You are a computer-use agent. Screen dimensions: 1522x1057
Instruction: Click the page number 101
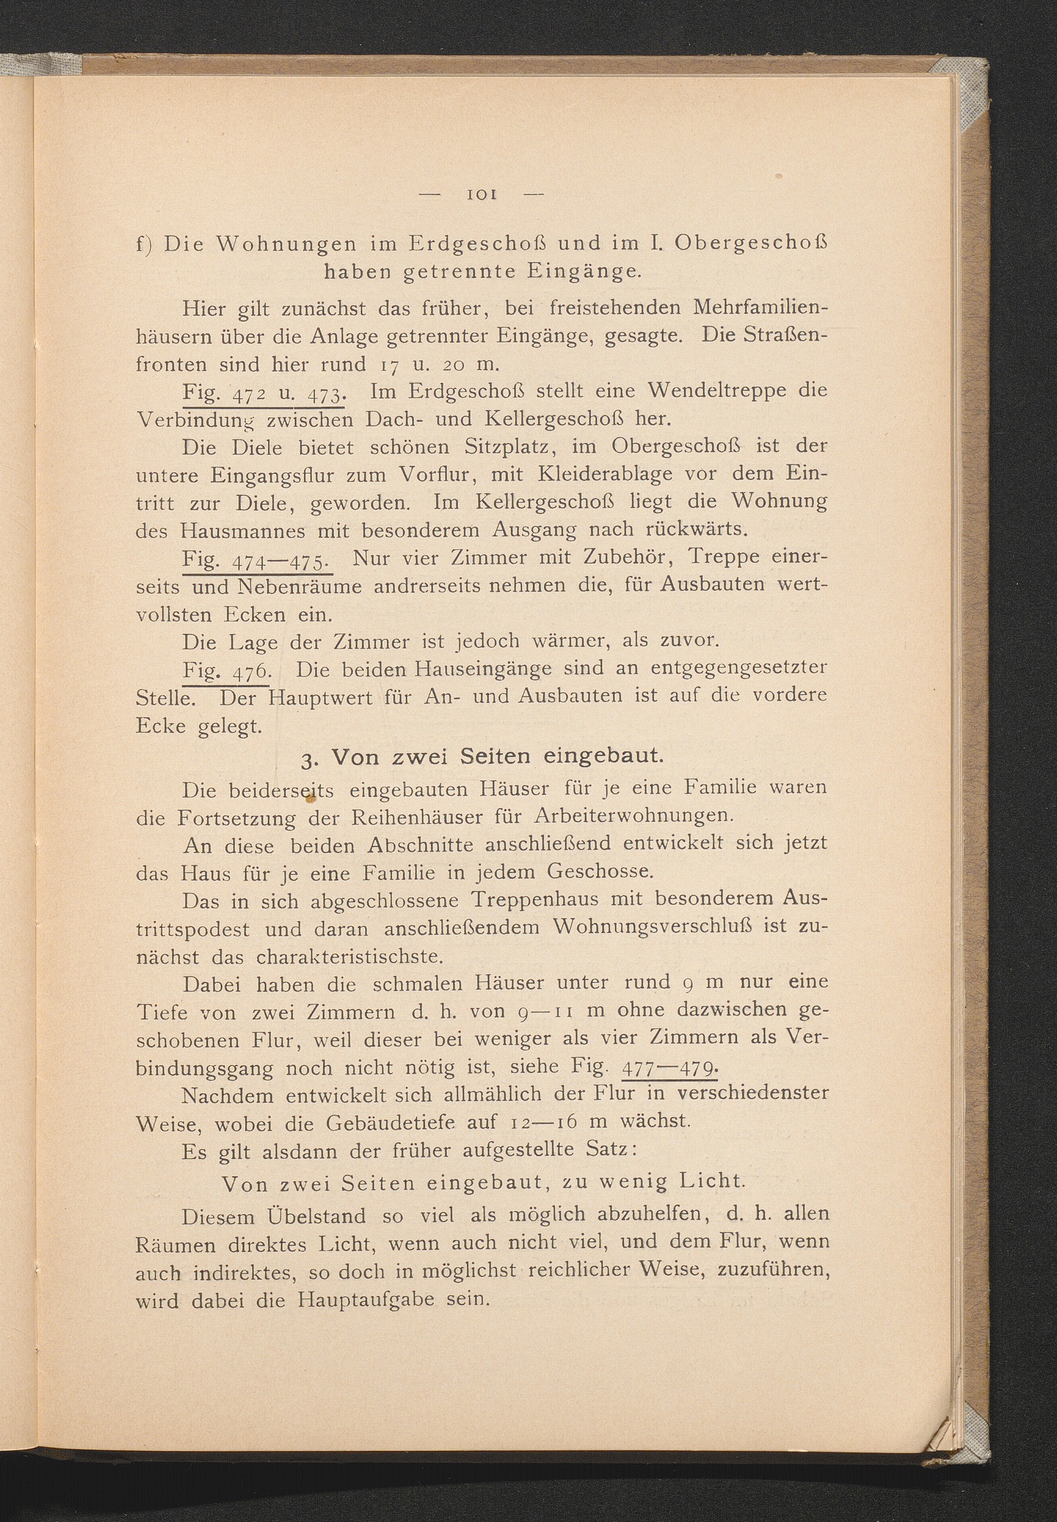point(482,194)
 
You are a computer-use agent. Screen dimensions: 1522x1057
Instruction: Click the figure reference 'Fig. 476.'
point(226,671)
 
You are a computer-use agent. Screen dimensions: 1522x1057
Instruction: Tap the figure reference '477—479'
point(670,1069)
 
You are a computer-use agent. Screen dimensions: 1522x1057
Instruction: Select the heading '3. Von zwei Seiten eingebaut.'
point(482,757)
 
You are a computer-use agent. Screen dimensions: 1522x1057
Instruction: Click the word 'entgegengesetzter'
point(739,669)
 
